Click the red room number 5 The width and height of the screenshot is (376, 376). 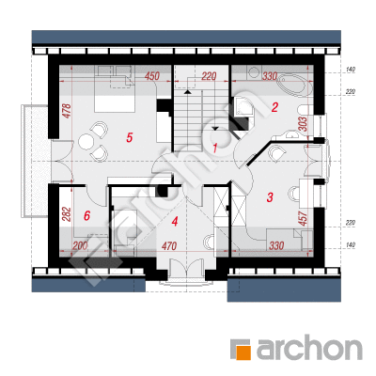coord(130,137)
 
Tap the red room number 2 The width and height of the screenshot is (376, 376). coord(274,107)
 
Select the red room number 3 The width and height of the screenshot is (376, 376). coord(270,197)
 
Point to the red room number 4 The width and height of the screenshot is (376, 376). coord(175,222)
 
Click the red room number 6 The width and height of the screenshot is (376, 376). coord(87,215)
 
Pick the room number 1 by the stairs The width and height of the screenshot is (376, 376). coord(215,148)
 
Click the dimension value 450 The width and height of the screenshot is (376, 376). coord(152,76)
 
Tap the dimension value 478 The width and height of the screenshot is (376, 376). coord(67,111)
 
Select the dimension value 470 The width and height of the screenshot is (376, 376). coord(169,246)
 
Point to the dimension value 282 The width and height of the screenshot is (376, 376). coord(67,214)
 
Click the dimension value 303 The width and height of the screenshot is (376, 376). coord(303,124)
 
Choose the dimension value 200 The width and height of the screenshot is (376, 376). coord(80,246)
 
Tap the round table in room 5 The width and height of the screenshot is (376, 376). coord(85,141)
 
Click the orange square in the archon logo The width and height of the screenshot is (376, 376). coord(243,352)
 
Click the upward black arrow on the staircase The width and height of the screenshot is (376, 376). coord(187,92)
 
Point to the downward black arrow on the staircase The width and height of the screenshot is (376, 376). coord(215,128)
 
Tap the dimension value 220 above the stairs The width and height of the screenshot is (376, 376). coord(209,76)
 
